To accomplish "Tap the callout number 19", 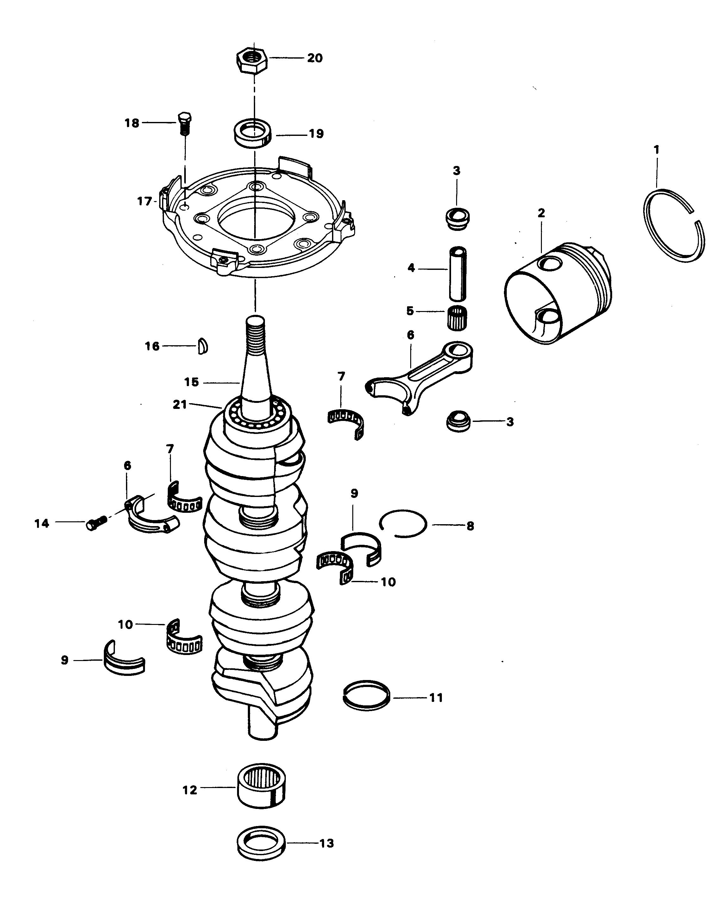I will pyautogui.click(x=316, y=134).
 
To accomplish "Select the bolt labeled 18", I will pyautogui.click(x=185, y=123).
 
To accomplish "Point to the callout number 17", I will pyautogui.click(x=144, y=201).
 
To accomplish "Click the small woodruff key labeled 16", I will pyautogui.click(x=203, y=346).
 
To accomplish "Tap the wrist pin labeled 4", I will pyautogui.click(x=457, y=274).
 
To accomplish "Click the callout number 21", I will pyautogui.click(x=179, y=405).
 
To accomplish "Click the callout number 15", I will pyautogui.click(x=191, y=382).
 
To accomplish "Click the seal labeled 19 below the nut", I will pyautogui.click(x=253, y=133).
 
